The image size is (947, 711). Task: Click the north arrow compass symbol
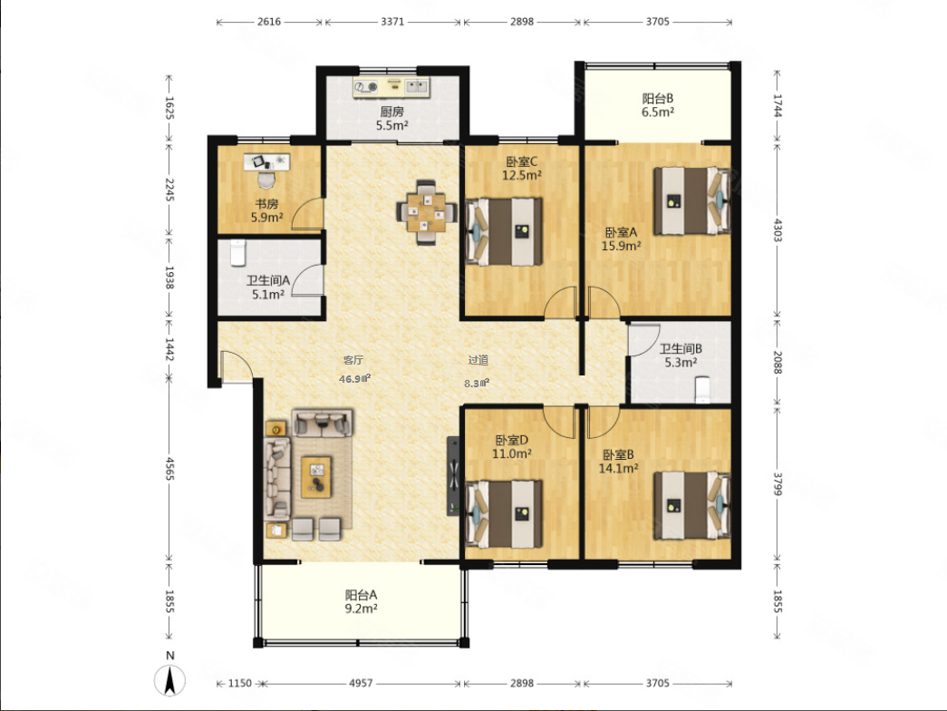tap(170, 680)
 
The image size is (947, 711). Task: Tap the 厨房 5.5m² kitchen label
tap(392, 119)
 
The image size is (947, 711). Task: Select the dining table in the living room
tap(426, 212)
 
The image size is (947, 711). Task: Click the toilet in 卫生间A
tap(238, 252)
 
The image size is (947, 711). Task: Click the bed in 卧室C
tap(504, 231)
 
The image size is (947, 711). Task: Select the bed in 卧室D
tap(504, 514)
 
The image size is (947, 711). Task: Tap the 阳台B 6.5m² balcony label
tap(658, 104)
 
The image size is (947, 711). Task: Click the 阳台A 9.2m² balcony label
tap(362, 601)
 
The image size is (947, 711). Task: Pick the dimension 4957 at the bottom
tap(361, 683)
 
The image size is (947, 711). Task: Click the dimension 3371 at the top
tap(392, 22)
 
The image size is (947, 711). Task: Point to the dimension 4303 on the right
tap(778, 229)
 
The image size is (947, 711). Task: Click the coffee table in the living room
tap(316, 477)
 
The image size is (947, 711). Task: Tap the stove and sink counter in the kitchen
tap(391, 87)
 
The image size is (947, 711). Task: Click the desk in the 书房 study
tap(267, 161)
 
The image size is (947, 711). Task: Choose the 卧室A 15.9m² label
tap(621, 239)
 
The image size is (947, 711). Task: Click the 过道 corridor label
tap(478, 360)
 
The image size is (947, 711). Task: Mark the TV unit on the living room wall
tap(453, 476)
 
